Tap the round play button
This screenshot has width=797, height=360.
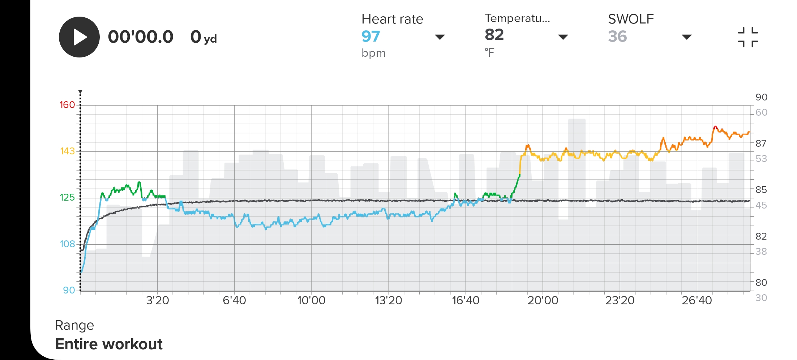pyautogui.click(x=79, y=37)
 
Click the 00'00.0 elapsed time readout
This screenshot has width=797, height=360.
pyautogui.click(x=141, y=37)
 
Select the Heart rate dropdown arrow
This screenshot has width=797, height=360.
pyautogui.click(x=440, y=37)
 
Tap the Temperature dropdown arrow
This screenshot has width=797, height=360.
pyautogui.click(x=563, y=37)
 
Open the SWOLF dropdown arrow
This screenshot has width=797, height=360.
pyautogui.click(x=686, y=37)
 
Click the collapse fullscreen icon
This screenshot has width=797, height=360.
pyautogui.click(x=747, y=37)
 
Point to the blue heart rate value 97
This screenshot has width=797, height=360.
pyautogui.click(x=370, y=36)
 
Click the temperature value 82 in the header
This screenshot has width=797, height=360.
pyautogui.click(x=494, y=35)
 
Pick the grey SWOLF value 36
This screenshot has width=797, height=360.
pyautogui.click(x=617, y=36)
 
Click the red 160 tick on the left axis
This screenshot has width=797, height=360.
pyautogui.click(x=67, y=105)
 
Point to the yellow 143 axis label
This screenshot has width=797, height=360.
pyautogui.click(x=67, y=151)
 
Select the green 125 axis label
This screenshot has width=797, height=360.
pyautogui.click(x=67, y=197)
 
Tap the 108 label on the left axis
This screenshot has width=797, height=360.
pyautogui.click(x=67, y=244)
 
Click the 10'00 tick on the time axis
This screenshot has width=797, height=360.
pyautogui.click(x=311, y=300)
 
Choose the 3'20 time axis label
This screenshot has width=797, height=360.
pyautogui.click(x=157, y=300)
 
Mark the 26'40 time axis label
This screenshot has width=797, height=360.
pyautogui.click(x=697, y=300)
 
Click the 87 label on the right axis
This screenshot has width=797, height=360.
pyautogui.click(x=761, y=143)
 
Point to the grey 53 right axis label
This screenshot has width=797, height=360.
pyautogui.click(x=761, y=159)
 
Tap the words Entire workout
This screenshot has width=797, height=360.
pyautogui.click(x=109, y=344)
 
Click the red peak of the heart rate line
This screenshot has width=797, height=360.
pyautogui.click(x=715, y=127)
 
